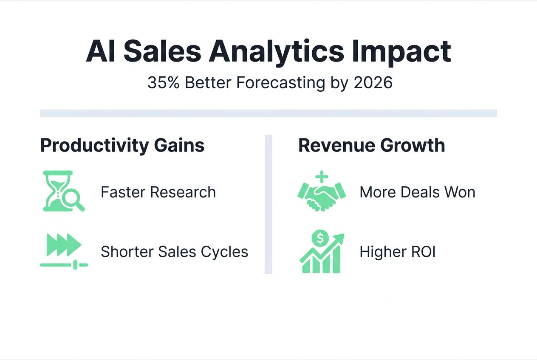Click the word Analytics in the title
[x=276, y=52]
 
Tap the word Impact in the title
[x=402, y=52]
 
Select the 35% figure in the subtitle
[x=163, y=82]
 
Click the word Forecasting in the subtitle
[x=281, y=83]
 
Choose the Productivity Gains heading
[x=122, y=145]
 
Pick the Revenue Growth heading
[x=372, y=145]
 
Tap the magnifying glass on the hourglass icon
[x=74, y=200]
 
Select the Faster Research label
[x=158, y=192]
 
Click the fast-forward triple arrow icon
[x=64, y=245]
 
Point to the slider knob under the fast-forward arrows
[x=75, y=264]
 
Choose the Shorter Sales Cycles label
[x=174, y=252]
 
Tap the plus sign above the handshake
[x=322, y=177]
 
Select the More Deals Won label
[x=417, y=192]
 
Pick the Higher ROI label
[x=398, y=252]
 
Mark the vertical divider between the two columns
[x=268, y=204]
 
